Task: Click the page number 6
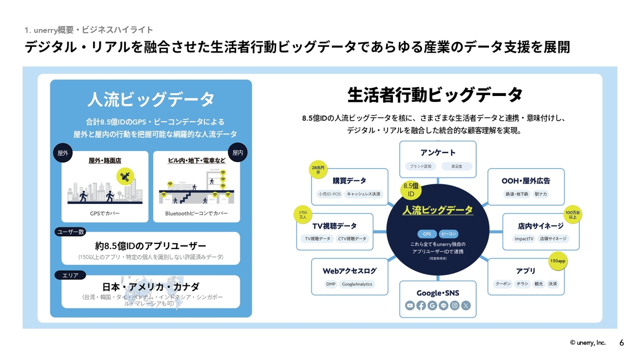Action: [621, 342]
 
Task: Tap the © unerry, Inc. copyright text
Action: [587, 342]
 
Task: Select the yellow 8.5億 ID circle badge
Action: [411, 190]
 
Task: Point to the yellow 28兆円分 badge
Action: [317, 170]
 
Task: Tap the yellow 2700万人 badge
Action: [302, 214]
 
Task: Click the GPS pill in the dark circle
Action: [426, 234]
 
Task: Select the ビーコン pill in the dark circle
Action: [448, 234]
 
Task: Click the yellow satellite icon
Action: [125, 176]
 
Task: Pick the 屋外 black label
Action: [63, 153]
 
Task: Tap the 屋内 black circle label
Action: [237, 153]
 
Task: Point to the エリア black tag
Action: [70, 275]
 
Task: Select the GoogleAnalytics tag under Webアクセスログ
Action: [357, 284]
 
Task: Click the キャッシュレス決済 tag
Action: [363, 193]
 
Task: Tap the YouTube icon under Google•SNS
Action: [410, 305]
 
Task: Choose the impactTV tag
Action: [524, 238]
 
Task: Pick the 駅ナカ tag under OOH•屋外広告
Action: [540, 193]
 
